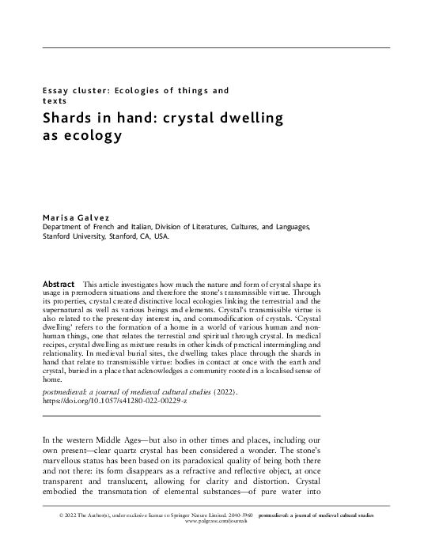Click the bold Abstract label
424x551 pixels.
pyautogui.click(x=58, y=283)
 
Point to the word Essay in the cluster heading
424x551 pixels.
pyautogui.click(x=56, y=91)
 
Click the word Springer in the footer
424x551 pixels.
pyautogui.click(x=194, y=515)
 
